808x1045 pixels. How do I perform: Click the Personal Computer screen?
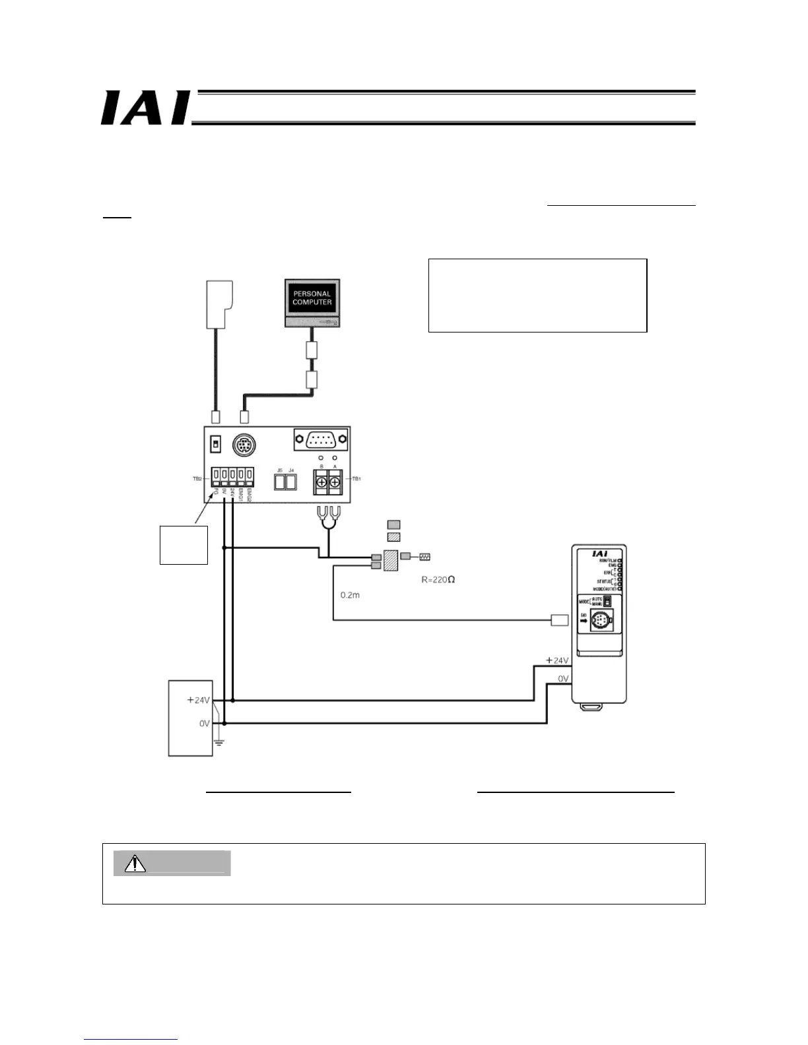[x=312, y=298]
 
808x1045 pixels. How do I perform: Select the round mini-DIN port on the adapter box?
[x=245, y=445]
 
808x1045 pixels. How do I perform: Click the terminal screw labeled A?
[x=335, y=484]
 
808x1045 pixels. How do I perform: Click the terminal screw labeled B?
[x=321, y=484]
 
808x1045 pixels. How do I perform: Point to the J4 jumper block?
[x=291, y=483]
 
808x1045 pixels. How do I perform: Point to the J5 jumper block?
[x=280, y=483]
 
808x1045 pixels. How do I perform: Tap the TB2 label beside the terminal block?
[x=197, y=479]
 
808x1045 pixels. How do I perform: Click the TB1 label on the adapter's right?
[x=356, y=478]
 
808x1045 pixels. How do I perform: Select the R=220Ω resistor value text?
[x=438, y=580]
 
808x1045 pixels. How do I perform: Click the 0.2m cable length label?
[x=350, y=595]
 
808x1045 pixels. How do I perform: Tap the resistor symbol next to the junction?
[x=424, y=557]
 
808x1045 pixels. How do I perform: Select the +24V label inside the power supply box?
[x=198, y=700]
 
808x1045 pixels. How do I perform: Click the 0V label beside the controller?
[x=563, y=678]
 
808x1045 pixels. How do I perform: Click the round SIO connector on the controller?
[x=599, y=620]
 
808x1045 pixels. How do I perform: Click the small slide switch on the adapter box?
[x=214, y=444]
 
